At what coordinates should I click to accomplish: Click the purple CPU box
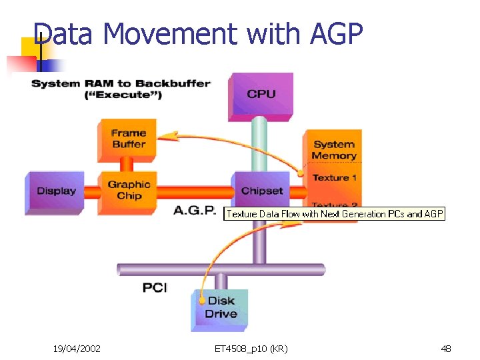(x=261, y=95)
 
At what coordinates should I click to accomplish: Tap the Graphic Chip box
(x=129, y=190)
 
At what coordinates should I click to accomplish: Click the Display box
(x=56, y=191)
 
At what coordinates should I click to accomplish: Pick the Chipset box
(x=261, y=191)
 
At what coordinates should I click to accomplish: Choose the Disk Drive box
(x=221, y=308)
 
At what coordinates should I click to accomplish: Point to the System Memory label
(x=334, y=149)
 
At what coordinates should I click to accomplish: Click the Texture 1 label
(x=335, y=177)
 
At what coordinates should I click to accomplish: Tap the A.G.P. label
(x=195, y=211)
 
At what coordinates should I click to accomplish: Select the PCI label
(x=155, y=287)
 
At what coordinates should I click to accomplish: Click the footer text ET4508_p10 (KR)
(x=251, y=348)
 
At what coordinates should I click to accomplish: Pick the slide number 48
(x=446, y=348)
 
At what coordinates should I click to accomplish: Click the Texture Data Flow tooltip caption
(x=334, y=214)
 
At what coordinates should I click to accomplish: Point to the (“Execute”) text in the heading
(x=123, y=95)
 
